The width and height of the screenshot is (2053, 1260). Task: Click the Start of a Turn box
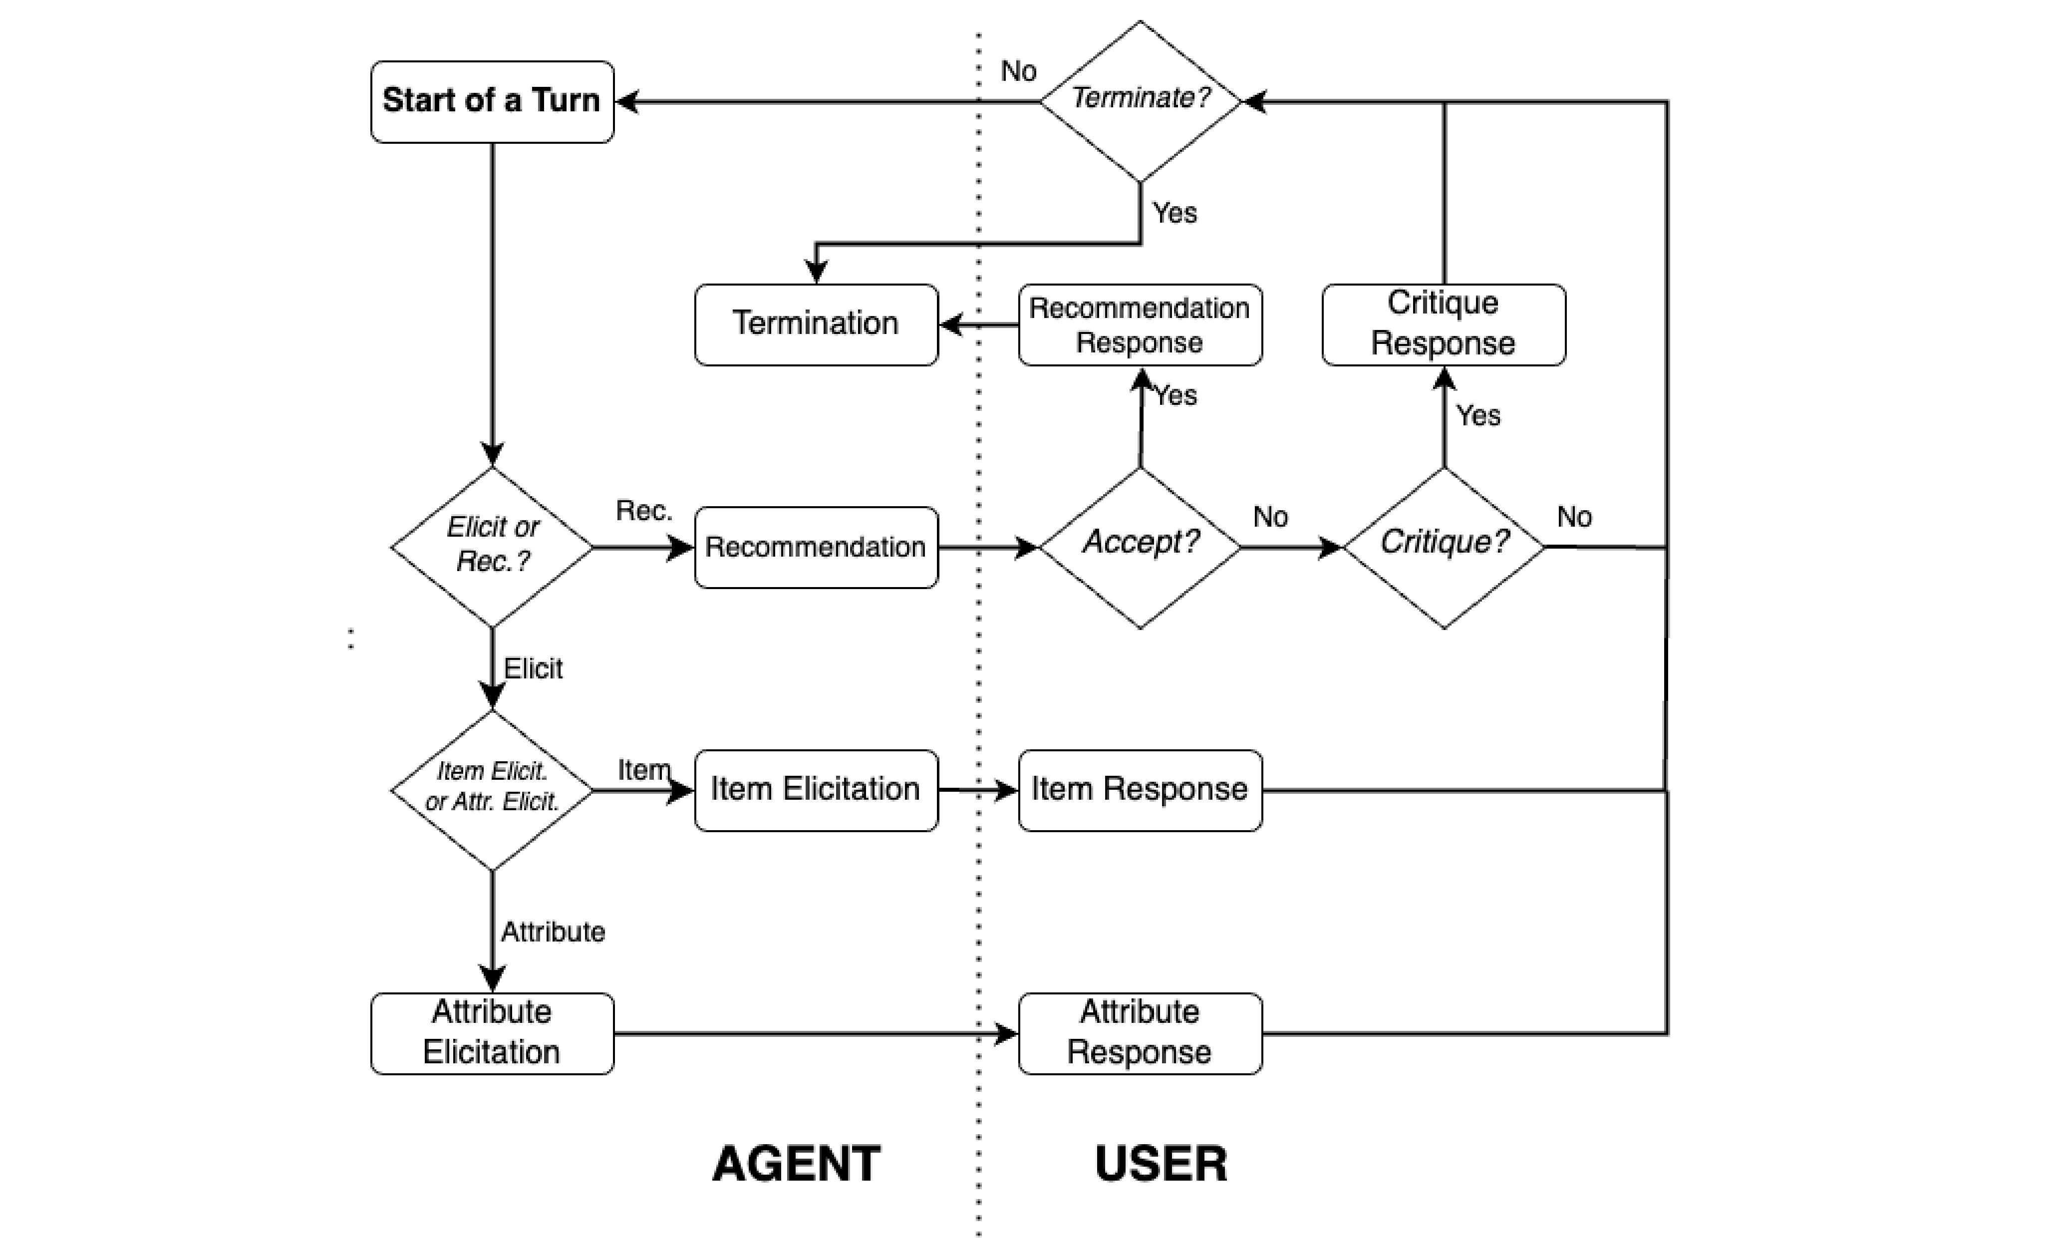tap(492, 101)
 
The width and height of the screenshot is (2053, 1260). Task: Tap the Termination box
tap(816, 324)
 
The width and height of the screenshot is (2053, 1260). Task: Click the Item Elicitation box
tap(816, 789)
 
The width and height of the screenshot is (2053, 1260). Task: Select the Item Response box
tap(1140, 789)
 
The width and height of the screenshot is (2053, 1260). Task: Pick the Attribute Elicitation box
tap(492, 1032)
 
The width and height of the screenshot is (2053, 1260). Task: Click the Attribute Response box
tap(1140, 1032)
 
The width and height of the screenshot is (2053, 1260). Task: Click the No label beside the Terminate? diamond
tap(1018, 72)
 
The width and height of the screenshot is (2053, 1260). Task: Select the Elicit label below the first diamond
tap(533, 668)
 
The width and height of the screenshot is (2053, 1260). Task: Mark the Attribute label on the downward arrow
tap(553, 932)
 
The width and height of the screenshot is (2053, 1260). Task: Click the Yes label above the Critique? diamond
tap(1478, 415)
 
